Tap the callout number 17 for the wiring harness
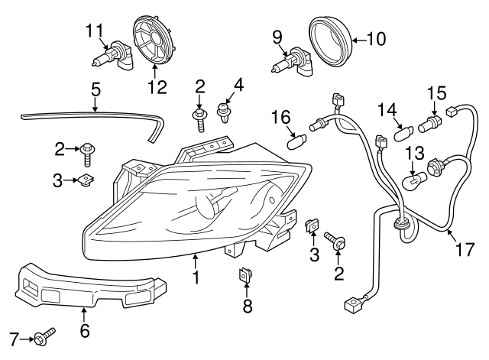click(464, 249)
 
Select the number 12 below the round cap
click(157, 87)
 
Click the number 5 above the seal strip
click(96, 90)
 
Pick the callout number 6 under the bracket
click(85, 330)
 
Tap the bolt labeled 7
click(44, 336)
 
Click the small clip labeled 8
click(246, 274)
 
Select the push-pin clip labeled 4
click(224, 113)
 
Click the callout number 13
click(413, 152)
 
